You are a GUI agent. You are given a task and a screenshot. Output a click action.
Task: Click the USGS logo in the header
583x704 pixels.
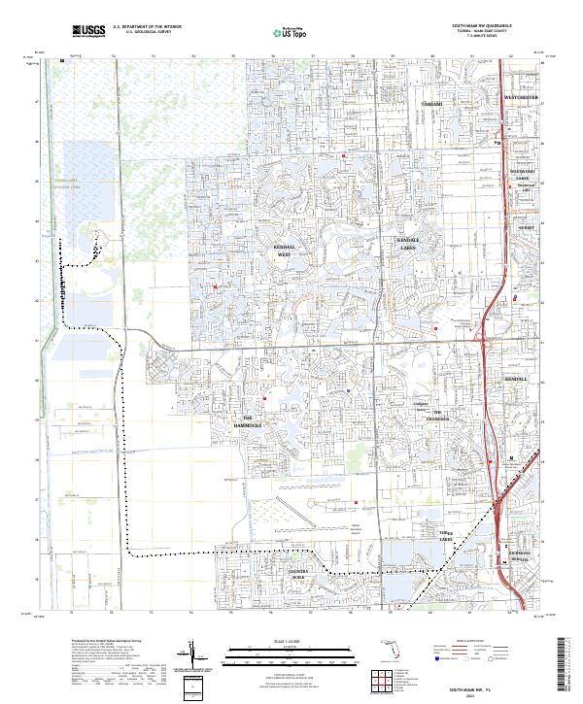coord(89,32)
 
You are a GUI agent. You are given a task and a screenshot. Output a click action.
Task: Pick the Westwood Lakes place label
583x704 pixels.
coord(523,174)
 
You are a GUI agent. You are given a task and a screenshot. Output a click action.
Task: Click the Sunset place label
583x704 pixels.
coord(527,227)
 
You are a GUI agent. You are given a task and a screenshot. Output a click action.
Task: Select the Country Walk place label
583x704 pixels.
coord(297,573)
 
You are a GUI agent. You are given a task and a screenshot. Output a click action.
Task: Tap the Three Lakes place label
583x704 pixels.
coord(446,535)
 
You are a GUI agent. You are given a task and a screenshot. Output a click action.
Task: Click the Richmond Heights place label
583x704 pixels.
coord(523,557)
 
